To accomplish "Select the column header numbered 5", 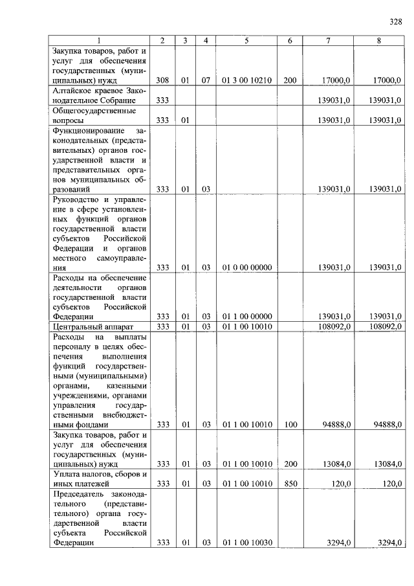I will point(246,41).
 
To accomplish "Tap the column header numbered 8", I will point(379,41).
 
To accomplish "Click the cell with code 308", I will point(162,80).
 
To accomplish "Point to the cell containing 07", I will point(206,80).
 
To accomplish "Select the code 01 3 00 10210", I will point(246,80).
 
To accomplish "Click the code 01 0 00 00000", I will point(246,267).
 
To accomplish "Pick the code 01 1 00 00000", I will point(246,316).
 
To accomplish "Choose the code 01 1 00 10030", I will point(246,543).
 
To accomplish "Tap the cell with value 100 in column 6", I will point(290,424).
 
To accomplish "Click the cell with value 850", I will point(290,483).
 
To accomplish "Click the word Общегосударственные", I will point(87,110).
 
